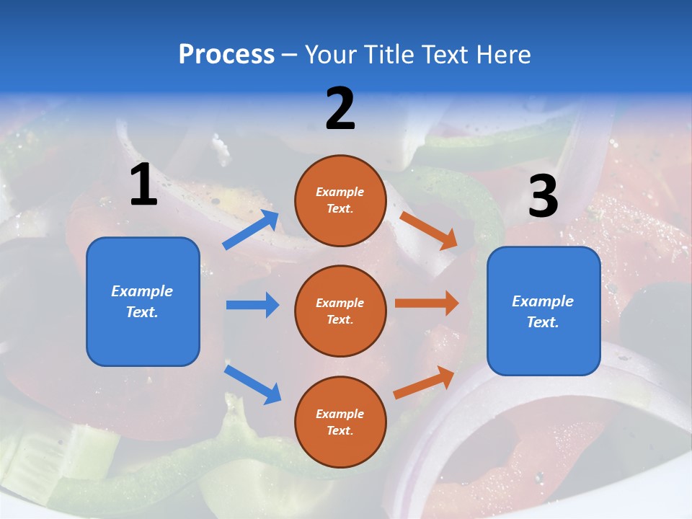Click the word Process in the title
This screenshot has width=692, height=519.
coord(226,55)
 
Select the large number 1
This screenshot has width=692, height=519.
coord(143,185)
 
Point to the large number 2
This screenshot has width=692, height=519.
coord(340,109)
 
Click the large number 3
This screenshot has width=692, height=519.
coord(543,197)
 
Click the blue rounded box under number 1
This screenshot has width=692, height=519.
coord(143,301)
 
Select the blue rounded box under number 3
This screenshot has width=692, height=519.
coord(544,311)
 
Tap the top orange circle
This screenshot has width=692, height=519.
coord(340,200)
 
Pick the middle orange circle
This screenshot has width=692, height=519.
coord(340,311)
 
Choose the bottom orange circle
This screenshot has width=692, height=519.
coord(340,422)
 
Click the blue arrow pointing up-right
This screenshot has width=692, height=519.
coord(251,230)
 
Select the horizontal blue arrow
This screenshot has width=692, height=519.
coord(252,305)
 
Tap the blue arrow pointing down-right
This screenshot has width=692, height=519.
coord(252,384)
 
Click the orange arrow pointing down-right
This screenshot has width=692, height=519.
coord(429,231)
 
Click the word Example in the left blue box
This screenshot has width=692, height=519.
coord(142,291)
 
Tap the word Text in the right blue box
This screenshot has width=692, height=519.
coord(542,322)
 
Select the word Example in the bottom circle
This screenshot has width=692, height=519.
coord(340,414)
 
